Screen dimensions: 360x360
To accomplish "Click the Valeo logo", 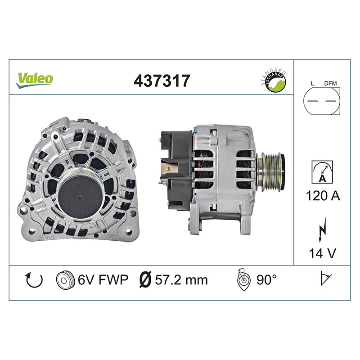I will click(35, 79).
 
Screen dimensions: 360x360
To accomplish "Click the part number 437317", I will click(162, 81).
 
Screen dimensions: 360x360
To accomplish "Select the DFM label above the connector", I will click(330, 83).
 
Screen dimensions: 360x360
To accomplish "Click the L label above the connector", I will click(312, 83).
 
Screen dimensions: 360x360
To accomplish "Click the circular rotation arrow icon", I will click(34, 280).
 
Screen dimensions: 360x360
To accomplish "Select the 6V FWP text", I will click(103, 279).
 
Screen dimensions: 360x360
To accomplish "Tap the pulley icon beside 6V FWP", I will click(65, 280).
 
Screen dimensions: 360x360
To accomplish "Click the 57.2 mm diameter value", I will click(181, 280).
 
